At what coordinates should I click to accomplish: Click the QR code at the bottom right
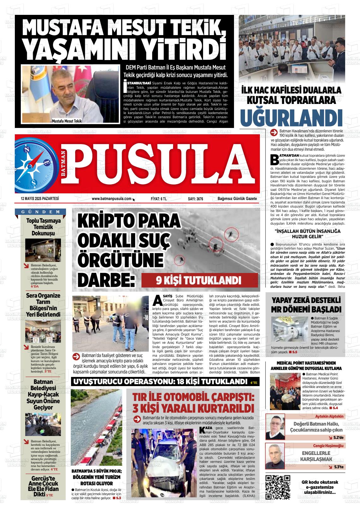[278, 487]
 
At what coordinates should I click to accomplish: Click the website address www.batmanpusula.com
[111, 199]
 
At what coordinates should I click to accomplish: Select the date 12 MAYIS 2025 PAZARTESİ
[40, 199]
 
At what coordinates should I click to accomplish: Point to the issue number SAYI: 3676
[195, 199]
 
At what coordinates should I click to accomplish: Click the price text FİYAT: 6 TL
[159, 199]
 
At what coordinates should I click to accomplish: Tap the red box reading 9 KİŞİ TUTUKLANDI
[199, 280]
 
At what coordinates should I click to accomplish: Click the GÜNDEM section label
[41, 212]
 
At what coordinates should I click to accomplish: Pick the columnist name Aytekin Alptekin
[329, 416]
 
